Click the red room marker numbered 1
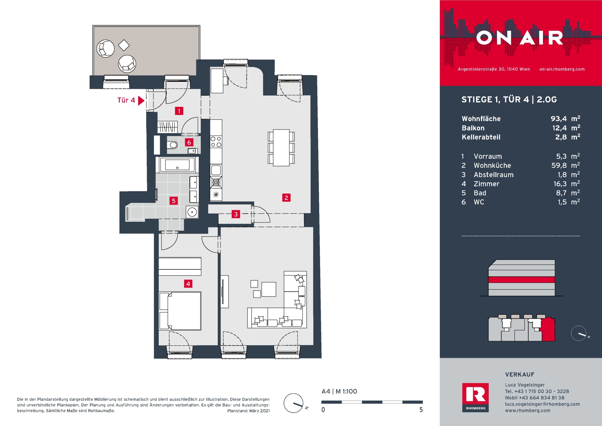pos(179,111)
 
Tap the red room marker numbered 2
pos(286,198)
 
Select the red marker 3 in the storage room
pos(236,214)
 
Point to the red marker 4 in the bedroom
pos(188,284)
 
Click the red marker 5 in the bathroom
pos(173,201)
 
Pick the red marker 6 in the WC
pos(189,143)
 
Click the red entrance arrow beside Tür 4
pos(141,100)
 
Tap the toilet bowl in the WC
pos(172,145)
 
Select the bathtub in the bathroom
pos(177,165)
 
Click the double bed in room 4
pos(180,311)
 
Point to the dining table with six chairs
pos(281,148)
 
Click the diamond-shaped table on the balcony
pos(124,45)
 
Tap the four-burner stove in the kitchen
pos(216,142)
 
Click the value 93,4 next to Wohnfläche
pos(559,119)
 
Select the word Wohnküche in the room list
pos(492,165)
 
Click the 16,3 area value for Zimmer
pos(560,184)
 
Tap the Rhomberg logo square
pos(475,397)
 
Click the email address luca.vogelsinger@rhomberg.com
pos(542,404)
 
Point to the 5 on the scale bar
pos(421,410)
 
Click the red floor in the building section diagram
pos(521,280)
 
